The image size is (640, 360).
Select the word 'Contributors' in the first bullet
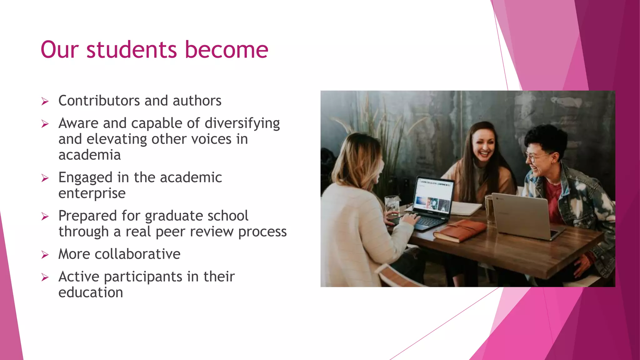pos(99,101)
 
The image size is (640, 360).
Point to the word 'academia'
pos(90,155)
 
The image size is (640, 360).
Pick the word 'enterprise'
pos(92,193)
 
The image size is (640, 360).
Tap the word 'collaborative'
pos(137,254)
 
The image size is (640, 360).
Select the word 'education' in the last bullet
pos(91,292)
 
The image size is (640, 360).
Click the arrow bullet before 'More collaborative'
pos(45,255)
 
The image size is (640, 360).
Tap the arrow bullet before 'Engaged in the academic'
pos(45,178)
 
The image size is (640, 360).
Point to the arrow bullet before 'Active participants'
pos(45,277)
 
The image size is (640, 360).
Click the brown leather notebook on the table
pos(459,231)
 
